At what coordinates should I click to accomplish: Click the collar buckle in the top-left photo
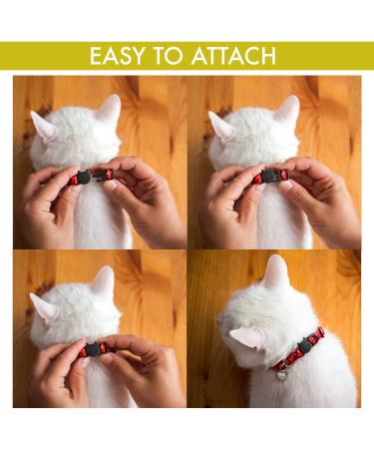click(x=83, y=179)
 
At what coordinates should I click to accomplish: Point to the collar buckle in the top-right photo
click(x=261, y=178)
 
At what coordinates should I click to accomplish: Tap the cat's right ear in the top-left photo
click(x=109, y=109)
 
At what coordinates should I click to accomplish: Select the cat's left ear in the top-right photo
click(x=221, y=126)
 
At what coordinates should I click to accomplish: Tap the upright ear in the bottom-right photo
click(x=276, y=271)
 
